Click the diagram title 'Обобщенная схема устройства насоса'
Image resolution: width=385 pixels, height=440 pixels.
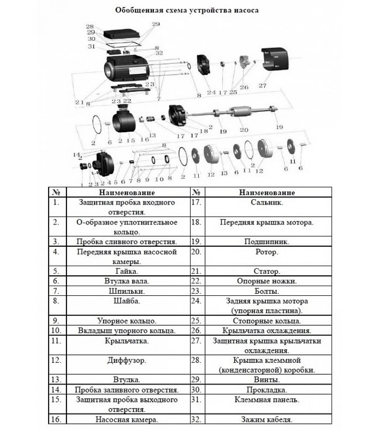pyautogui.click(x=187, y=10)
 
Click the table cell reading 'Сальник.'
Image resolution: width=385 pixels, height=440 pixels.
pyautogui.click(x=267, y=202)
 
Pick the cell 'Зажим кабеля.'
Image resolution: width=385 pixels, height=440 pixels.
pyautogui.click(x=267, y=419)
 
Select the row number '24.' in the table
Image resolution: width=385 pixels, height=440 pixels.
pyautogui.click(x=196, y=301)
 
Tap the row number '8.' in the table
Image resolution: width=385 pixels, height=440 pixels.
pyautogui.click(x=56, y=301)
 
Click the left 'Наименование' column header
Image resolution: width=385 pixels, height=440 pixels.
pyautogui.click(x=127, y=193)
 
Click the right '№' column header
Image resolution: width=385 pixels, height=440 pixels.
pyautogui.click(x=196, y=192)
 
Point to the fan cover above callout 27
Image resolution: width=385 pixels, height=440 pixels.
pyautogui.click(x=275, y=59)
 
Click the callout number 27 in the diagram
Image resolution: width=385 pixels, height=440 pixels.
pyautogui.click(x=263, y=86)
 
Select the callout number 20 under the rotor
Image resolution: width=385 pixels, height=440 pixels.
pyautogui.click(x=244, y=130)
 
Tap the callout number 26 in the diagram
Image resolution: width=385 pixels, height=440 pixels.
pyautogui.click(x=244, y=87)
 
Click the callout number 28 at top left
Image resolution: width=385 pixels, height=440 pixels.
pyautogui.click(x=90, y=26)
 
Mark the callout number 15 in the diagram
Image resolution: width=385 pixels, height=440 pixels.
pyautogui.click(x=131, y=141)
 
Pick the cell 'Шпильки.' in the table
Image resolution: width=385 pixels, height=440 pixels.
pyautogui.click(x=127, y=291)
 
